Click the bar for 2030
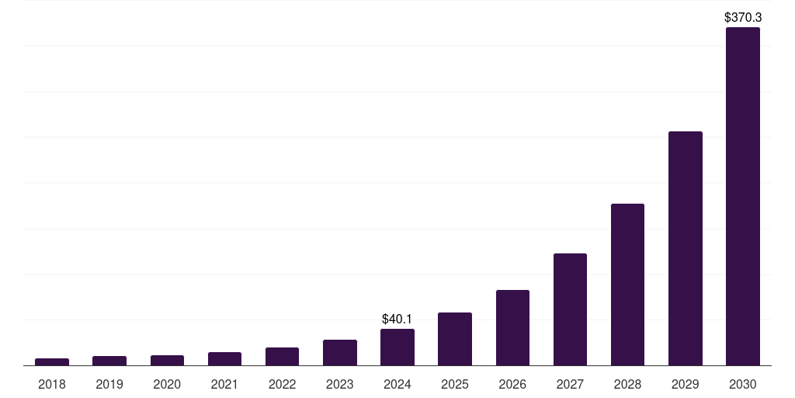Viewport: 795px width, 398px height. tap(742, 196)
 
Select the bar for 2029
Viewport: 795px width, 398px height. tap(685, 248)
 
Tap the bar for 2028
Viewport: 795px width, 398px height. tap(627, 285)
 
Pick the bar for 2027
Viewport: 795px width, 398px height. tap(570, 309)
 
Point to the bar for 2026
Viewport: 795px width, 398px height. tap(512, 327)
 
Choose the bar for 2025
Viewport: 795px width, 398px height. tap(455, 339)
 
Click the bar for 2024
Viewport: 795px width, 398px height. tap(397, 347)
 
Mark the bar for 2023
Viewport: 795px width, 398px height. tap(340, 352)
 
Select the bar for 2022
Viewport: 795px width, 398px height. tap(282, 356)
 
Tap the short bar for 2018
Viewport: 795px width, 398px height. tap(52, 361)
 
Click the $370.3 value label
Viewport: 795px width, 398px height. tap(742, 16)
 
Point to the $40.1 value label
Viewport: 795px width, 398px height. tap(397, 319)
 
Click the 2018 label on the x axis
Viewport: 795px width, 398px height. tap(52, 384)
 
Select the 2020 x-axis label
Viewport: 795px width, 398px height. tap(167, 384)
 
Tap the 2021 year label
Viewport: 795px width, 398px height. tap(224, 384)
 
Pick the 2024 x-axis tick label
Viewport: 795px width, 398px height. tap(397, 384)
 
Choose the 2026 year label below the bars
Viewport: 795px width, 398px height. tap(512, 384)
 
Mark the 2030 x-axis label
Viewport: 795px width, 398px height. tap(742, 384)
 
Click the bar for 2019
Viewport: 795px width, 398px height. tap(109, 361)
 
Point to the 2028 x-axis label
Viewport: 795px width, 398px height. tap(627, 384)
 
